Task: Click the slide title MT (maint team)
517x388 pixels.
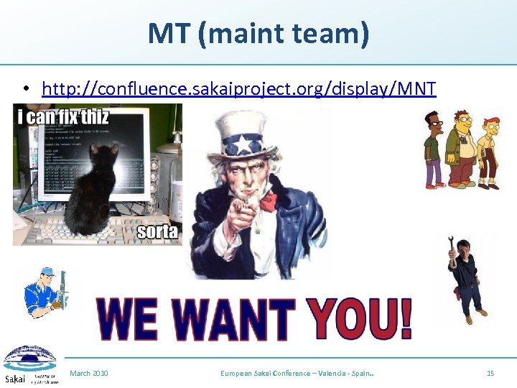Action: tap(258, 34)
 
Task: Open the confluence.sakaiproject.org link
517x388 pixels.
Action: tap(238, 88)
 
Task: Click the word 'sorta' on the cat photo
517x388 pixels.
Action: tap(157, 231)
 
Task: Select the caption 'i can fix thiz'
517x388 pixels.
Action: tap(63, 116)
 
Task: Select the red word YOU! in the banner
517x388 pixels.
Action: tap(360, 318)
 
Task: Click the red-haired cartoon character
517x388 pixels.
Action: tap(490, 151)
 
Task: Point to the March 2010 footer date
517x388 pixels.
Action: tap(89, 374)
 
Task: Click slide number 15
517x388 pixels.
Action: tap(490, 374)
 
